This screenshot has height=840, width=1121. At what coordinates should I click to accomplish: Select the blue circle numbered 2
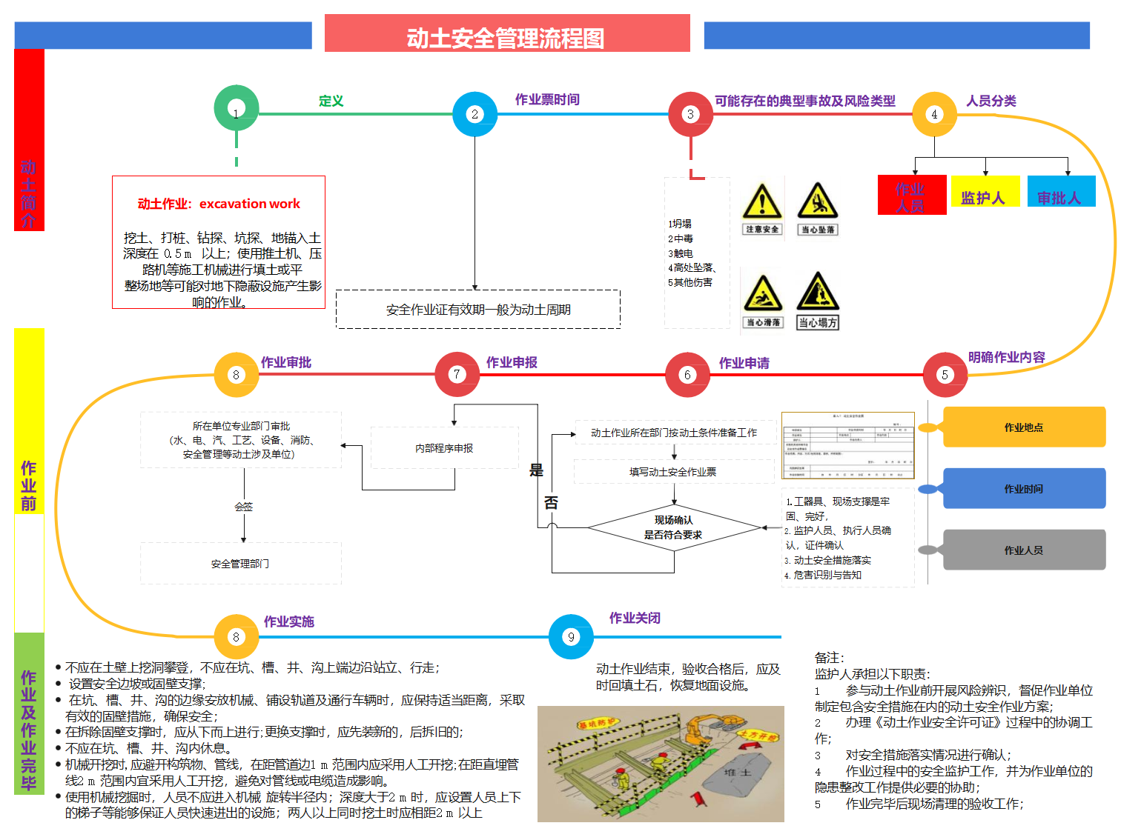pos(474,114)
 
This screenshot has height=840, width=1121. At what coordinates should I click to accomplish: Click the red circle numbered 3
pos(690,114)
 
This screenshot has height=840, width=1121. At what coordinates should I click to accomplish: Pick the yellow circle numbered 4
pos(934,114)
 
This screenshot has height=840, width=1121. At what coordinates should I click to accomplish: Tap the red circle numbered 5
pos(945,374)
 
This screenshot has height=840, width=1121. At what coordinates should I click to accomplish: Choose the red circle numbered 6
pos(687,374)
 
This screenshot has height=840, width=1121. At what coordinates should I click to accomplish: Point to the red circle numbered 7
pos(457,374)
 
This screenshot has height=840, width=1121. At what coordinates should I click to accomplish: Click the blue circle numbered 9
pos(571,636)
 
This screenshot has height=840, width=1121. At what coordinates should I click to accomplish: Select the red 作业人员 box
pos(911,196)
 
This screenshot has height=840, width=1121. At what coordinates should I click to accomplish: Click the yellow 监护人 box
pos(985,192)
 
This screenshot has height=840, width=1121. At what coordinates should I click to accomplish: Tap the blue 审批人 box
pos(1061,192)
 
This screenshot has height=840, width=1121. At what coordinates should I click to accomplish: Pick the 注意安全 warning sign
pos(761,208)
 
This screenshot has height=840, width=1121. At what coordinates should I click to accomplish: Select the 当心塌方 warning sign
pos(818,300)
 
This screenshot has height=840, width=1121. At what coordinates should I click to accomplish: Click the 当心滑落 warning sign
pos(762,300)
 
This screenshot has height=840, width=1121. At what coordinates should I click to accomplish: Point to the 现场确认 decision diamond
pos(673,527)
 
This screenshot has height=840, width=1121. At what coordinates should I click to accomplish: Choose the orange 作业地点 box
pos(1023,427)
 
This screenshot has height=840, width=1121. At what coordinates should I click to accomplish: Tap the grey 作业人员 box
pos(1023,550)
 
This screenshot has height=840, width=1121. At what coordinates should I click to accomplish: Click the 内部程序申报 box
pos(444,448)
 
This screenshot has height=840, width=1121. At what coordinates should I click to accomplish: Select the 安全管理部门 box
pos(240,564)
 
